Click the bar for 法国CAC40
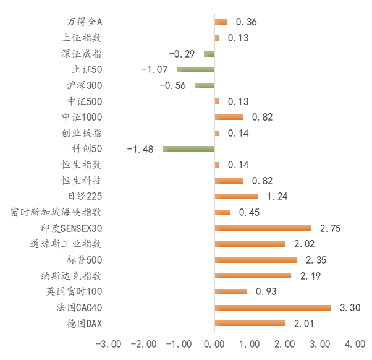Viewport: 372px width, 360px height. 273,307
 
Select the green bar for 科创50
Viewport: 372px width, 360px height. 188,148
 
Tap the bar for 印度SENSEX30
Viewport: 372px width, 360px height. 263,228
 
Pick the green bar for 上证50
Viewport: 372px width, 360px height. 195,69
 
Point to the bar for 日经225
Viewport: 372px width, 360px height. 237,196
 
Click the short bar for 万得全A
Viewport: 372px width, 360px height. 221,22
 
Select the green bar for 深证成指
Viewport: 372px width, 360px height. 209,54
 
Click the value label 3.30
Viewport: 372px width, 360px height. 350,307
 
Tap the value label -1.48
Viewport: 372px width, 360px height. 140,149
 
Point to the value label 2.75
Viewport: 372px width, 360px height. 330,228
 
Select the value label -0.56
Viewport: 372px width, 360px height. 173,85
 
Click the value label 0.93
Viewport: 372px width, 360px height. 266,291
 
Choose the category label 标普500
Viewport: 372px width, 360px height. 85,260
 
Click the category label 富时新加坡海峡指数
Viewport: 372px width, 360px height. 56,212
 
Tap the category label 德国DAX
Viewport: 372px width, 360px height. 85,324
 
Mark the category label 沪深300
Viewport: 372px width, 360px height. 85,85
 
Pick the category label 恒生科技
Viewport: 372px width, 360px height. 82,181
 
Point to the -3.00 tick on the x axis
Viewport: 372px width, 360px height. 108,344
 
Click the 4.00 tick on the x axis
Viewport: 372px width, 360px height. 355,344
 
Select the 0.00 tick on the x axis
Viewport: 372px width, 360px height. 214,344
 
